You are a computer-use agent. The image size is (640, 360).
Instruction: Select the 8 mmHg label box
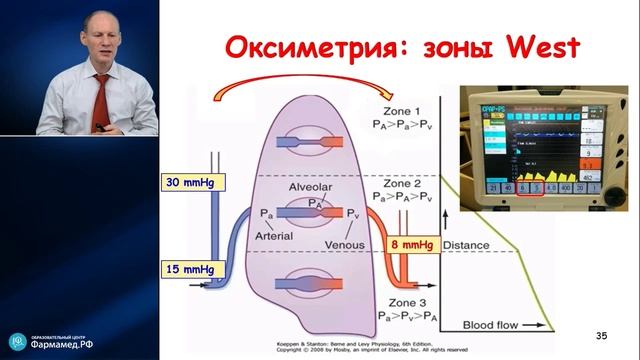[411, 241]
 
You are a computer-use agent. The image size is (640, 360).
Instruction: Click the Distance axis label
[467, 244]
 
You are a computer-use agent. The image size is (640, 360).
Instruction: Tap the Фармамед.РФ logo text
[67, 343]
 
